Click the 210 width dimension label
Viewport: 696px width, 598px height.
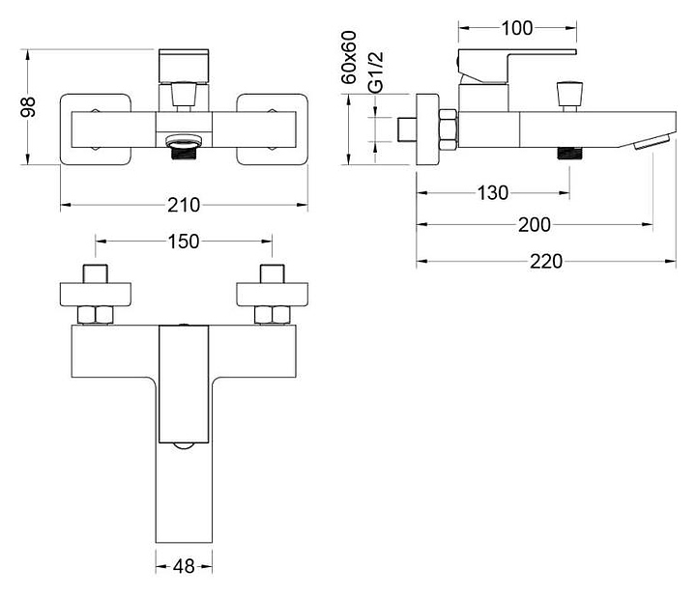coord(184,205)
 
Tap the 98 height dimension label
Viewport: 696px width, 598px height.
coord(28,107)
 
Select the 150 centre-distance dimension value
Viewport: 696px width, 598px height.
coord(184,242)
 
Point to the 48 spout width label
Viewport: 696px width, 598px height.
coord(184,566)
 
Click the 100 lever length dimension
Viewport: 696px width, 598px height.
coord(517,28)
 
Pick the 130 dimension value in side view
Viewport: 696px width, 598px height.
coord(493,193)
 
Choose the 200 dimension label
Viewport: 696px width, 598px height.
coord(535,225)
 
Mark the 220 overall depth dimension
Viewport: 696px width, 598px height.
coord(546,261)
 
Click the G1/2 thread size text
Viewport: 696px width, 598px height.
coord(376,72)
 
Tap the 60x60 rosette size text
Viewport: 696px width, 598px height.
coord(349,58)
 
